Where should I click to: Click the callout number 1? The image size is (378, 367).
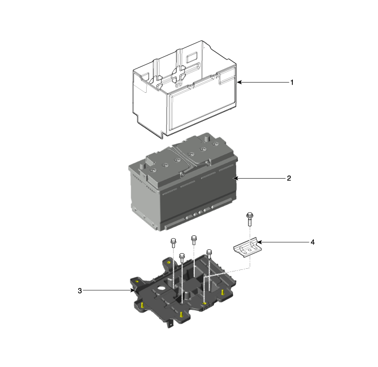[292, 83]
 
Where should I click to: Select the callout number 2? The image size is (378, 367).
[289, 178]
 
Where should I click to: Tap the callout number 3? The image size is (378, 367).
[80, 291]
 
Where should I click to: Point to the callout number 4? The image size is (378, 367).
[312, 242]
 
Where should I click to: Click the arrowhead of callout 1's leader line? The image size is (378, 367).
[239, 82]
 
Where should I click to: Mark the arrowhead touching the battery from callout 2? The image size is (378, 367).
[236, 178]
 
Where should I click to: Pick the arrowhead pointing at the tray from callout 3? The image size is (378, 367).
[132, 290]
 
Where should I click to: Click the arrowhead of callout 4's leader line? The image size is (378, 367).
[259, 242]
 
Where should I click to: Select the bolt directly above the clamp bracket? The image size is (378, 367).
[250, 219]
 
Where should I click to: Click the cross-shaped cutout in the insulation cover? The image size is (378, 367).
[179, 75]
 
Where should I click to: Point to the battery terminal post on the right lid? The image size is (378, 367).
[207, 139]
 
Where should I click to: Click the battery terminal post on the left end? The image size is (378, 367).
[142, 166]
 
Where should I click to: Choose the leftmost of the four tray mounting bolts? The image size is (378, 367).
[173, 243]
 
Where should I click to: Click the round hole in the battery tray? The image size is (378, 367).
[161, 288]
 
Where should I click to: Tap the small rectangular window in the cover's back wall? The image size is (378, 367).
[192, 58]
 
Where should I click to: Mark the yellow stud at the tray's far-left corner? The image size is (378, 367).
[137, 281]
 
